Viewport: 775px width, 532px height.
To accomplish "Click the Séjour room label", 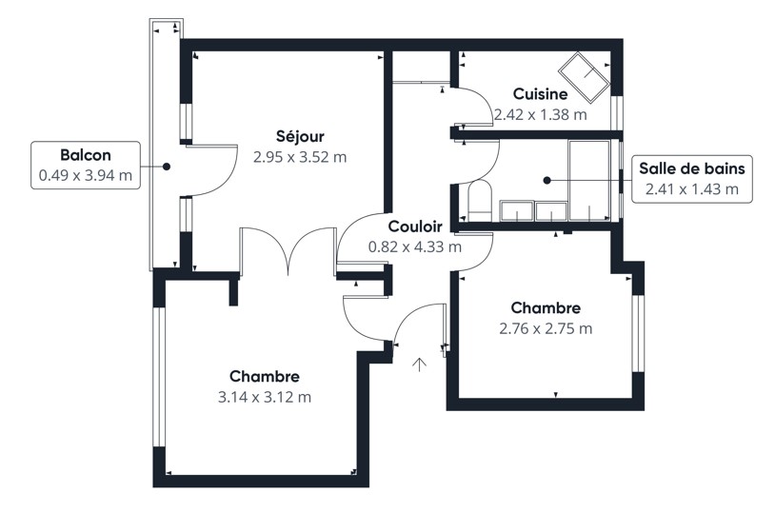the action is pos(300,136).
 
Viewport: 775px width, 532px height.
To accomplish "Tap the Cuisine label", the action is pos(540,93).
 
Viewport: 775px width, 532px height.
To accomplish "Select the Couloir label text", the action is pos(415,227).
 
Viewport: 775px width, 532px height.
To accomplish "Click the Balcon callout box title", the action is pos(86,154).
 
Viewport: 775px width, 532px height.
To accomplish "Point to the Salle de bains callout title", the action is pos(692,168).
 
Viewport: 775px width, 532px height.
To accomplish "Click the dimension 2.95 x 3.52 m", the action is pos(300,157).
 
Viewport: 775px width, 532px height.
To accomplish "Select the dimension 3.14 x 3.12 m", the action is pos(265,397).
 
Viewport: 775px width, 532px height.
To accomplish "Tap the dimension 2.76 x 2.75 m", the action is pos(546,328).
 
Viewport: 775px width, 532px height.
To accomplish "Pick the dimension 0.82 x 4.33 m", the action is pos(415,246).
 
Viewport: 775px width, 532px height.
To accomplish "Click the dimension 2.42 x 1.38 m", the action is pos(541,114).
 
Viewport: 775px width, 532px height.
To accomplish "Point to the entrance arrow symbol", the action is pos(420,365).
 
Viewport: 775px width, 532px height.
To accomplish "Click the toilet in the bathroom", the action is pos(480,201).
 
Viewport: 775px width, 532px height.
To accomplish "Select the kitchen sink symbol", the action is pos(584,76).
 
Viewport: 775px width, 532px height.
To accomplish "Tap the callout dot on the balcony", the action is pos(167,167).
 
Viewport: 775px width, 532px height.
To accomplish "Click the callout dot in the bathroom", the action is pos(546,181).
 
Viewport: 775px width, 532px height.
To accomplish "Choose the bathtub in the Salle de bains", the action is pos(589,180).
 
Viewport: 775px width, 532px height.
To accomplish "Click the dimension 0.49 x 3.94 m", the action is pos(86,175).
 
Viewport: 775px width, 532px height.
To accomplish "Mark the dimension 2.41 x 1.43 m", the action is pos(692,189).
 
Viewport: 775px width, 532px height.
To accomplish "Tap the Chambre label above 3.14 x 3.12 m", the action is pos(265,377).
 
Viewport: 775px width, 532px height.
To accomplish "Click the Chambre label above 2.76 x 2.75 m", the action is pos(546,307).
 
